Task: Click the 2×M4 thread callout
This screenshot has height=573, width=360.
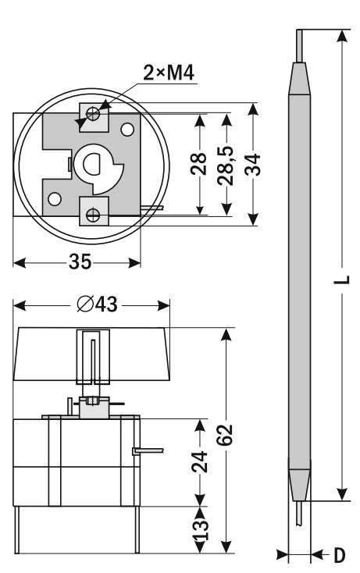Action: click(168, 73)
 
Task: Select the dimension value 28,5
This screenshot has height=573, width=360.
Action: click(225, 165)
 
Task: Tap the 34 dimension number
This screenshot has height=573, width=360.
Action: click(253, 165)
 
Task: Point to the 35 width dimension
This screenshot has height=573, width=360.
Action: click(80, 262)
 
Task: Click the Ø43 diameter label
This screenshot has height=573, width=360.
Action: click(97, 304)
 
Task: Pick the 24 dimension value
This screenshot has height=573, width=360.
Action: click(199, 462)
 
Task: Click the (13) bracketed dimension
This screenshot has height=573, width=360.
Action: click(200, 529)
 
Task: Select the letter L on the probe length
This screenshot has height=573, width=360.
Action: click(343, 280)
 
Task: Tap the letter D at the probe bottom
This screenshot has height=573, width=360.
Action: click(340, 556)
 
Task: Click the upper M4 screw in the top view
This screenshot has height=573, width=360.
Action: click(93, 114)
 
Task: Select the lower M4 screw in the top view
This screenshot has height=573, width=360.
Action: click(93, 215)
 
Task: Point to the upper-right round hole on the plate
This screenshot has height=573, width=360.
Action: click(127, 130)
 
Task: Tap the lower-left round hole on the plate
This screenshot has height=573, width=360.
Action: click(55, 199)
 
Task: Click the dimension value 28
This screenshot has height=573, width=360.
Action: click(199, 164)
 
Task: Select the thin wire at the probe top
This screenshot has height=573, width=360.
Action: click(299, 46)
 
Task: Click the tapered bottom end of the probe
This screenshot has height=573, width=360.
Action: click(299, 484)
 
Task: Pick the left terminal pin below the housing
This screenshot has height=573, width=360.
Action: click(17, 529)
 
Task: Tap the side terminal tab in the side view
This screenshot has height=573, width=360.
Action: click(148, 451)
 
